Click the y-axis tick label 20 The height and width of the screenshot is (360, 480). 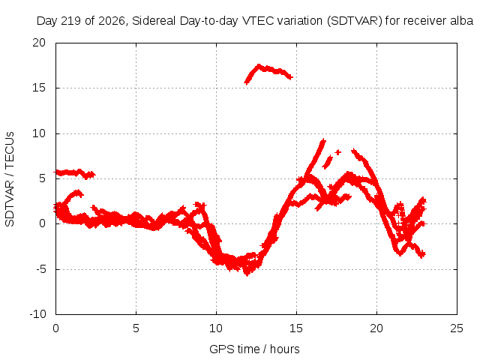[39, 43]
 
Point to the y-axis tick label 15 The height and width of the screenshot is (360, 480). [39, 88]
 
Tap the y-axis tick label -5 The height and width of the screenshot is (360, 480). [41, 269]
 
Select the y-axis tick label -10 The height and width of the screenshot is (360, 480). [38, 314]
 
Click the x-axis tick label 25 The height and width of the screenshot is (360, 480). [457, 328]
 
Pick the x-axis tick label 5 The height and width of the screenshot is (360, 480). [136, 328]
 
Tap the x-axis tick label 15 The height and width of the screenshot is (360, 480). [296, 328]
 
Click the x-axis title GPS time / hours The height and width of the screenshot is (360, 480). [254, 349]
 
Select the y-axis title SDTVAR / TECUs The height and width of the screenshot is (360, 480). [10, 179]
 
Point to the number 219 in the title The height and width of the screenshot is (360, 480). [71, 21]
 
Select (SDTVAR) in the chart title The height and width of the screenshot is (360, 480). [355, 21]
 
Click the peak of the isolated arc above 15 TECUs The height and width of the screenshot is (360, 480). [259, 65]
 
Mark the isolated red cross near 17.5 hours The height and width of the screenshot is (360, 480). [338, 152]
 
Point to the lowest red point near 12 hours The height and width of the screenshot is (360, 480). [247, 274]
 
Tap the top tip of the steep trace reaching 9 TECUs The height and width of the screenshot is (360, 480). [323, 141]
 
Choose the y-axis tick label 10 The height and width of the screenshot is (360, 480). [39, 133]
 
